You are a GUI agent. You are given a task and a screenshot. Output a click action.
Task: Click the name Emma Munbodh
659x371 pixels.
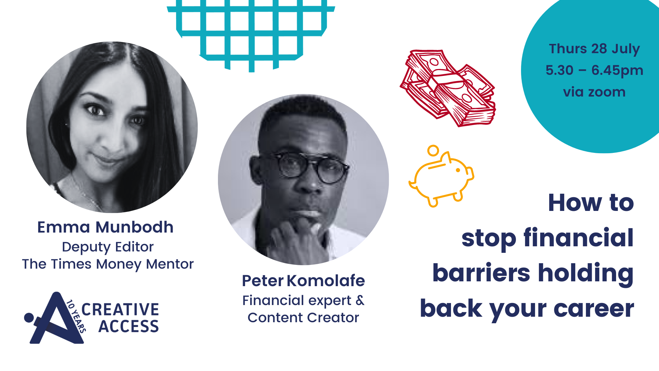pyautogui.click(x=105, y=227)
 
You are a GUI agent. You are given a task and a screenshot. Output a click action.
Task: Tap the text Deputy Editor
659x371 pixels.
pyautogui.click(x=108, y=247)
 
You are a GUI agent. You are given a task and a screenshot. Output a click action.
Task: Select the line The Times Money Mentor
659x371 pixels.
pyautogui.click(x=108, y=264)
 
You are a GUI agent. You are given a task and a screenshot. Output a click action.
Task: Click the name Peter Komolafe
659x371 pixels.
pyautogui.click(x=303, y=281)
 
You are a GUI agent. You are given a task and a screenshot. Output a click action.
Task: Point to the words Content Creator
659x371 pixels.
pyautogui.click(x=303, y=318)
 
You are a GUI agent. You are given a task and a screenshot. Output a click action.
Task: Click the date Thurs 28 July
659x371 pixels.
pyautogui.click(x=594, y=49)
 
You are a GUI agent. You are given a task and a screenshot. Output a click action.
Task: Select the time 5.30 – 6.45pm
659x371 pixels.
pyautogui.click(x=594, y=70)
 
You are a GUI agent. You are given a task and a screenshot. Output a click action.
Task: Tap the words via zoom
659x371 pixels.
pyautogui.click(x=594, y=92)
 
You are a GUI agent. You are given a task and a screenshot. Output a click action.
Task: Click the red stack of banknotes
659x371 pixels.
pyautogui.click(x=448, y=88)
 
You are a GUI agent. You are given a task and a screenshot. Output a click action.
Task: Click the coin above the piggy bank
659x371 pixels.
pyautogui.click(x=433, y=150)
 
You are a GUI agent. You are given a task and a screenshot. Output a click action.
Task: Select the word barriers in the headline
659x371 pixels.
pyautogui.click(x=481, y=273)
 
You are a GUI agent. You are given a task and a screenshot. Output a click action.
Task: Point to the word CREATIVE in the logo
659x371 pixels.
pyautogui.click(x=120, y=310)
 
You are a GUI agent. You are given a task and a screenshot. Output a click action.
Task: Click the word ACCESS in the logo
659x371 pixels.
pyautogui.click(x=129, y=326)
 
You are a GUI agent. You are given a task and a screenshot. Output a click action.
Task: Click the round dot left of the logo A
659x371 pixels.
pyautogui.click(x=29, y=318)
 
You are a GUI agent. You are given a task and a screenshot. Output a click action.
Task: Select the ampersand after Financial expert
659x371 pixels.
pyautogui.click(x=360, y=301)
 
